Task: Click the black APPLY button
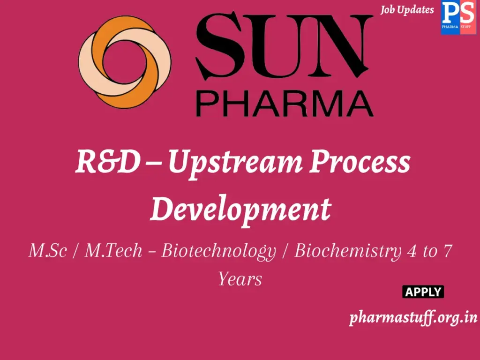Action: click(x=423, y=292)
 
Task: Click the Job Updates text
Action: click(x=407, y=10)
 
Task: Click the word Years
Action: click(x=240, y=279)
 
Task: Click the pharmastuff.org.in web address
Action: click(x=413, y=318)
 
